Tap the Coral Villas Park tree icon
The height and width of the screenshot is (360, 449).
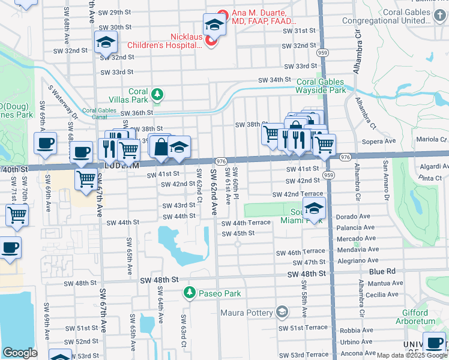point(157,94)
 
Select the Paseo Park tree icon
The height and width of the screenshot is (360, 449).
point(190,293)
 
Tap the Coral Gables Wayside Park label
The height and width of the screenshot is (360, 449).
point(321,86)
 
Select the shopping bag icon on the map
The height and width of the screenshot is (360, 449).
point(161,146)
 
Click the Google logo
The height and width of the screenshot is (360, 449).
point(20,353)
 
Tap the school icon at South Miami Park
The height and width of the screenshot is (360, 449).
point(314,209)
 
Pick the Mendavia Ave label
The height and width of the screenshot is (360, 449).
point(358,248)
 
